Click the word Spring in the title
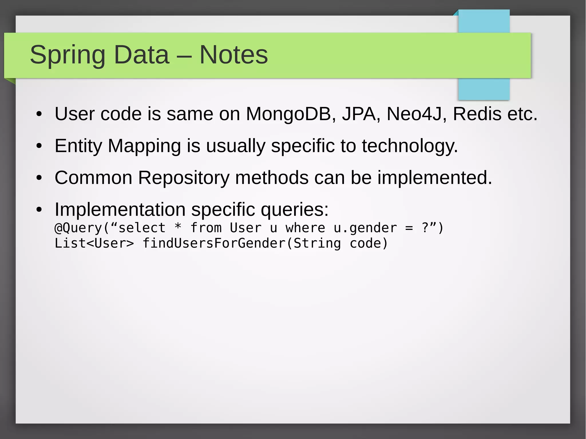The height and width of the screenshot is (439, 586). pos(68,55)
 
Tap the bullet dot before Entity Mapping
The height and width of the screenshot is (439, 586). pos(39,146)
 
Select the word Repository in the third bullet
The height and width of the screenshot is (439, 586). pos(184,178)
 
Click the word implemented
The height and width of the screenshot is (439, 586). pos(434,178)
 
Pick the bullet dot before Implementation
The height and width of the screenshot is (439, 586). pos(39,210)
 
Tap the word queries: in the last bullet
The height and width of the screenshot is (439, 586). pos(294,210)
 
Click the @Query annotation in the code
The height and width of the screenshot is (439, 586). pos(78,228)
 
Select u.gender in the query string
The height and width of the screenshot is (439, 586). pos(365,228)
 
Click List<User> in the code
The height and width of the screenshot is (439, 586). pos(94,243)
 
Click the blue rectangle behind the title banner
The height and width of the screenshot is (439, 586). pos(484,89)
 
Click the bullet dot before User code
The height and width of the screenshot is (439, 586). pos(39,114)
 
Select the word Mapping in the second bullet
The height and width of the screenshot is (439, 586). pos(144,146)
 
